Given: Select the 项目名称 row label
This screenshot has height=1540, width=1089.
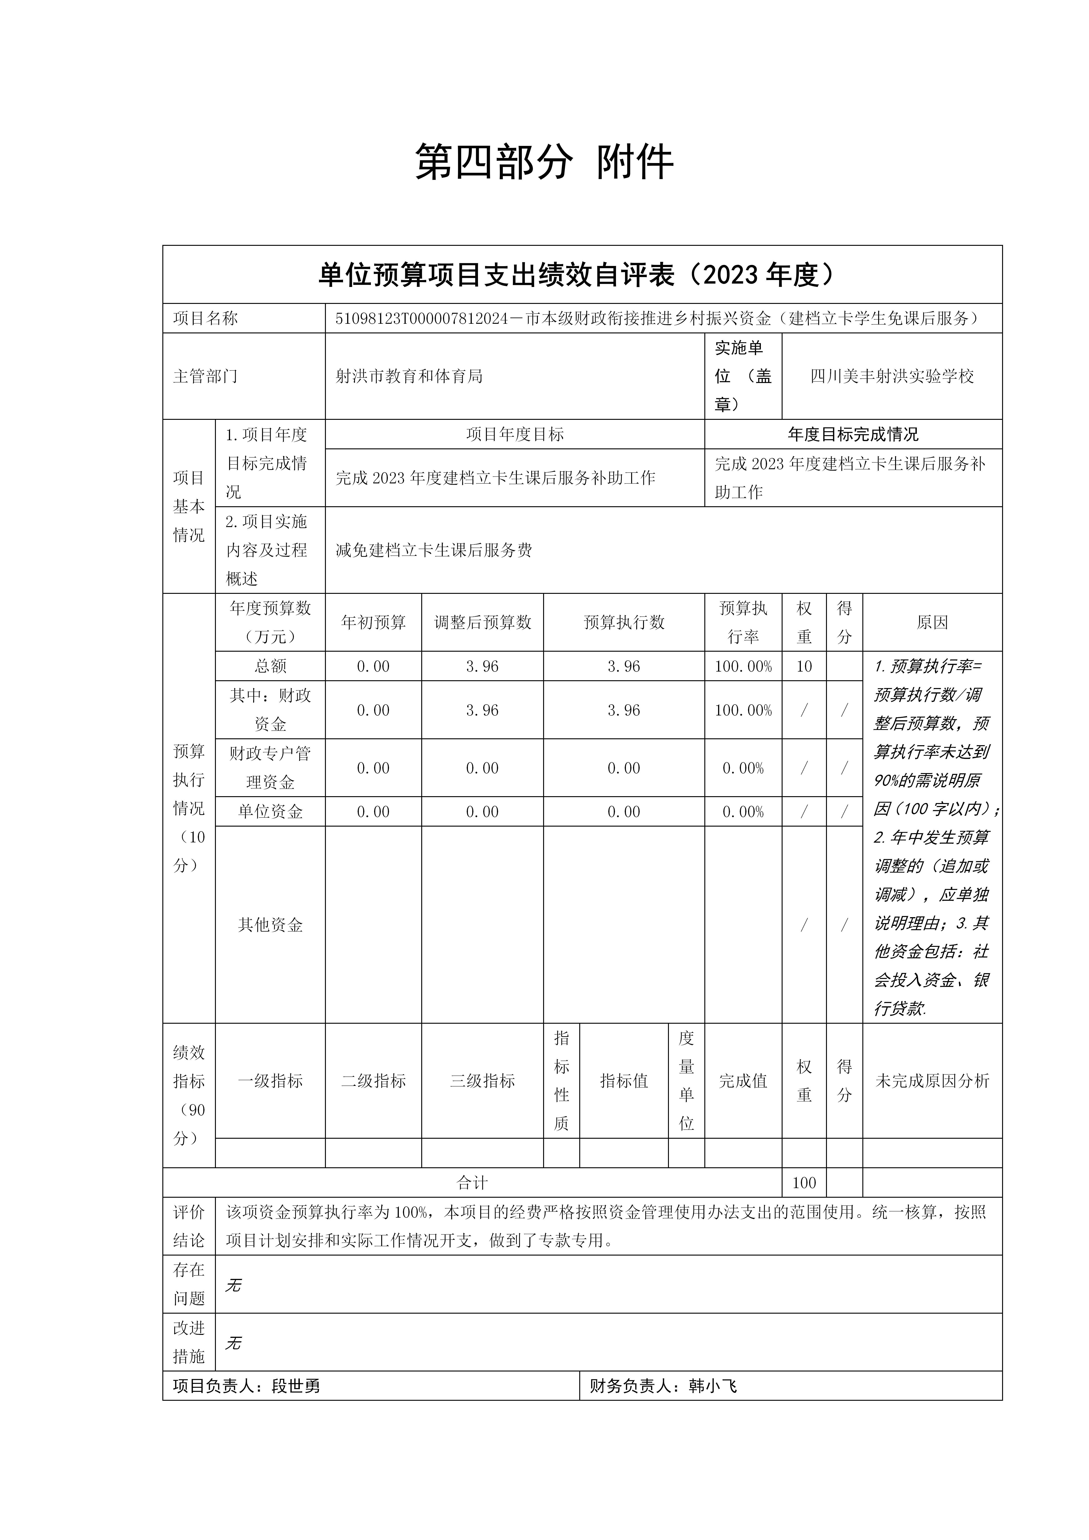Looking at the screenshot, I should point(205,319).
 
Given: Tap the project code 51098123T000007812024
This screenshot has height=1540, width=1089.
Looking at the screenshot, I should point(421,319).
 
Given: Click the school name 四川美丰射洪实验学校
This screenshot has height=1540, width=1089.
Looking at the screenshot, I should point(892,376).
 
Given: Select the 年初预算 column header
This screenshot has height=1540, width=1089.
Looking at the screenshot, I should point(373,622).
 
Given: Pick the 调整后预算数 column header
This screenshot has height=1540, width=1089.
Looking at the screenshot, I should point(483,622).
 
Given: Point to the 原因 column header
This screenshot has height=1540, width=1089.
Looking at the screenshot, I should point(932,622).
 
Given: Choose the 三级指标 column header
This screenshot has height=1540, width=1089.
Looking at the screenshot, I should point(483,1081).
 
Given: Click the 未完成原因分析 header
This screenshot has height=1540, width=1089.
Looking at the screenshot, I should point(932,1081).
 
